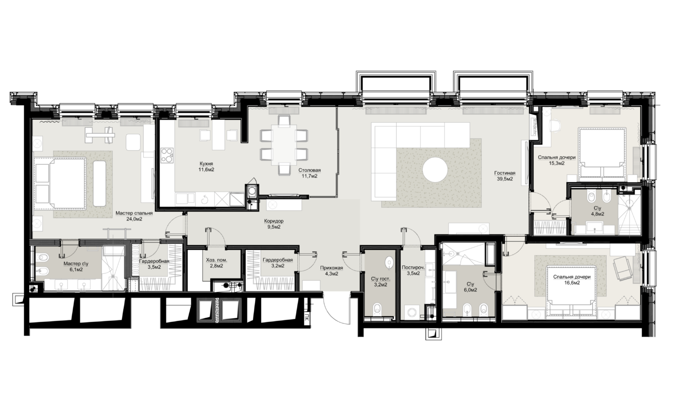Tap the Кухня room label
[x=206, y=164]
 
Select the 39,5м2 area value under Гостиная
[x=505, y=179]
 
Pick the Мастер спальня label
[x=134, y=213]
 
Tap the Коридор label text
[x=274, y=221]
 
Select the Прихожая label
[x=331, y=268]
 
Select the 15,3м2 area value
[x=557, y=163]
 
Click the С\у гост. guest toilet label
[x=381, y=279]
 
